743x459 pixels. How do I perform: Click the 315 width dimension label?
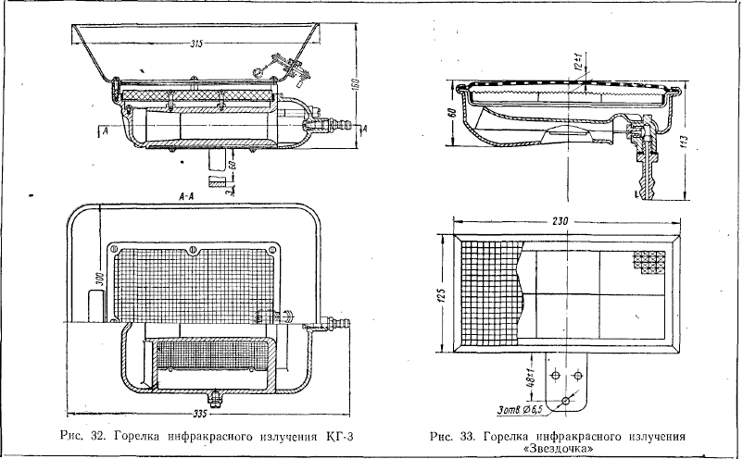[195, 43]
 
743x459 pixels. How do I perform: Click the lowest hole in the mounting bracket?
[564, 401]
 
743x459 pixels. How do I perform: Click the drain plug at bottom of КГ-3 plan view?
[216, 398]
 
